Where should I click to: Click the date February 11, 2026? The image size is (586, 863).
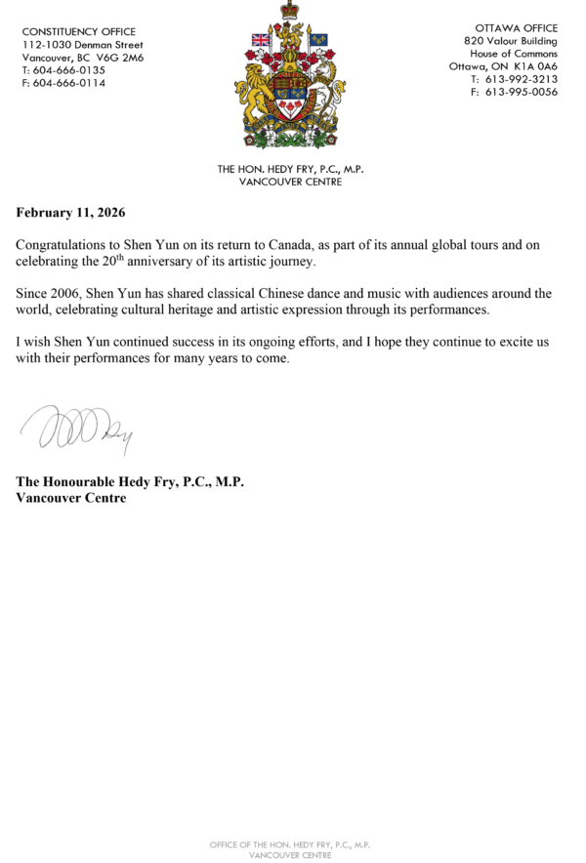click(x=70, y=212)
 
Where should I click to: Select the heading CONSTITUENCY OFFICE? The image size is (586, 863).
click(x=79, y=32)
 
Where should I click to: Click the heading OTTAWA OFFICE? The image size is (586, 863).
click(x=516, y=29)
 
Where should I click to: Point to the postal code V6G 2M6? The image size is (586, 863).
click(x=120, y=58)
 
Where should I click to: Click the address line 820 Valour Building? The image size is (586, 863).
click(x=511, y=42)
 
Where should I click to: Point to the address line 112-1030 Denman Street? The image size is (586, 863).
click(x=82, y=45)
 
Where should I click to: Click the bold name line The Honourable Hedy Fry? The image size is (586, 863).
click(x=130, y=482)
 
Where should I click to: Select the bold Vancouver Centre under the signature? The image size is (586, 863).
click(x=71, y=498)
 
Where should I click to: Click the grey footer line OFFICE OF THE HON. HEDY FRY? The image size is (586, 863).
click(x=290, y=842)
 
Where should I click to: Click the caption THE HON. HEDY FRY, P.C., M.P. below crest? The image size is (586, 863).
click(x=291, y=169)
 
